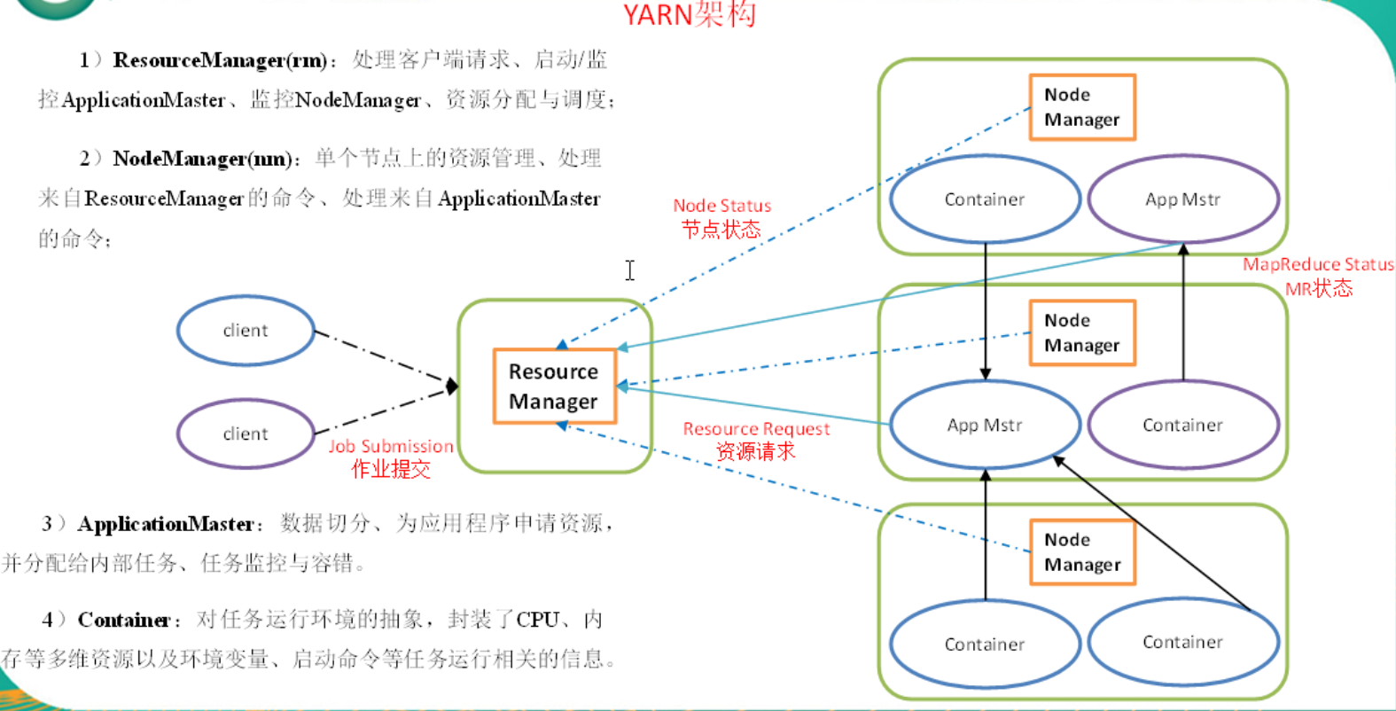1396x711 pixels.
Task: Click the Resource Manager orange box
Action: tap(554, 387)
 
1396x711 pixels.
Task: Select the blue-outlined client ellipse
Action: tap(246, 331)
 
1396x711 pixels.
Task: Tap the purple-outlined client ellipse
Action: tap(246, 434)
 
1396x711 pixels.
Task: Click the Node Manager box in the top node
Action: tap(1082, 107)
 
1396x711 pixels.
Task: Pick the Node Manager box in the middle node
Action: tap(1082, 333)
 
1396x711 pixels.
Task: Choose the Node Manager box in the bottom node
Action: tap(1082, 552)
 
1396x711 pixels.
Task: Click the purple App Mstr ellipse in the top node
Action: tap(1182, 199)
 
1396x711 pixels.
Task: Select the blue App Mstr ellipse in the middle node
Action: tap(985, 426)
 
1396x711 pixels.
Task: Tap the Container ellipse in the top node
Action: tap(985, 199)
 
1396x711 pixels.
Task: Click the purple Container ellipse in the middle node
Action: tap(1182, 426)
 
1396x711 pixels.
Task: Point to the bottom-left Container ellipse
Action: tap(985, 645)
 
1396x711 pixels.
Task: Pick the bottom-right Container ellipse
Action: tap(1182, 642)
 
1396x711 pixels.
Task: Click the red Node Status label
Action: tap(721, 206)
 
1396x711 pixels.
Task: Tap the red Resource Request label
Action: tap(756, 429)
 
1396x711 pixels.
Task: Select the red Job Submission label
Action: tap(391, 447)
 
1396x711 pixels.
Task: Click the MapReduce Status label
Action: tap(1317, 264)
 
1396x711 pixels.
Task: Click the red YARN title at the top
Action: tap(689, 14)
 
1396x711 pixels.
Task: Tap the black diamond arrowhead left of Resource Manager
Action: tap(452, 386)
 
